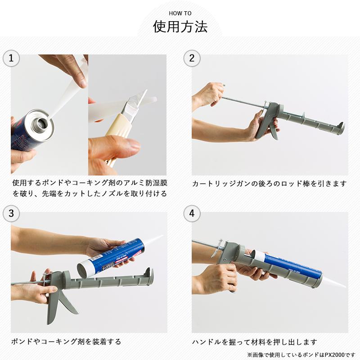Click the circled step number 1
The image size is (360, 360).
(x=11, y=58)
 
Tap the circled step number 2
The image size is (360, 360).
(x=192, y=58)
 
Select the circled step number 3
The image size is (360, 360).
(x=11, y=213)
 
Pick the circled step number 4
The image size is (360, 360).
(x=192, y=213)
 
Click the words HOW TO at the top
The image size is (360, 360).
(x=180, y=13)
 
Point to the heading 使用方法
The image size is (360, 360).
(x=180, y=27)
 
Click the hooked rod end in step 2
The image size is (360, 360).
(x=223, y=85)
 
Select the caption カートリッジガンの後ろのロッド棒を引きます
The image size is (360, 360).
(x=269, y=184)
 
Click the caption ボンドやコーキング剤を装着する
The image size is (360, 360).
(x=66, y=342)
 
